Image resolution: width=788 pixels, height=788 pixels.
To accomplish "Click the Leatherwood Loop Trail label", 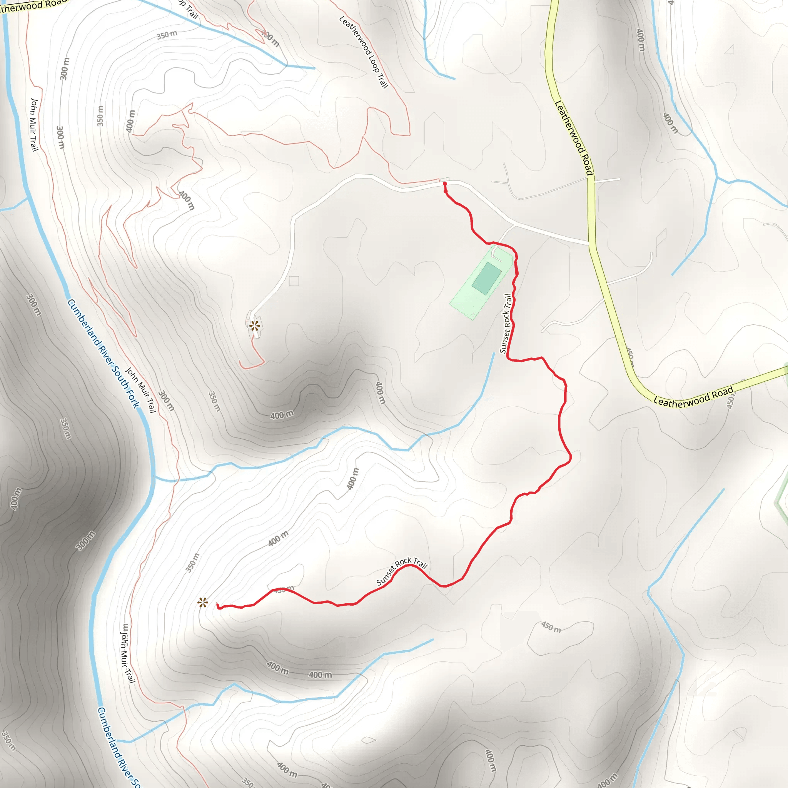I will [x=364, y=52].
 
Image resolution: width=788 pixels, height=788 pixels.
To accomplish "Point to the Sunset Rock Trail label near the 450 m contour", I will [x=401, y=571].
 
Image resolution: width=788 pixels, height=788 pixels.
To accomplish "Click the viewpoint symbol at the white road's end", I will [x=254, y=326].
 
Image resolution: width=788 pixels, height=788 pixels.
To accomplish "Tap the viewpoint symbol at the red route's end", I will [x=203, y=603].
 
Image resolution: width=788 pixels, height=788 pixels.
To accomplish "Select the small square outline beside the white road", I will [x=294, y=281].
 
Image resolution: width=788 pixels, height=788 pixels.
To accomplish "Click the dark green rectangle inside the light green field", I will [x=487, y=279].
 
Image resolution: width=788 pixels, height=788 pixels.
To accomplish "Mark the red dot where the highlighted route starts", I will [x=444, y=184].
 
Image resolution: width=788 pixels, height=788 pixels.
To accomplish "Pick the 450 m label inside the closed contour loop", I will [x=551, y=627].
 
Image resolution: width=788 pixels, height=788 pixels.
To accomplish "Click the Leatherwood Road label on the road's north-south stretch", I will [x=573, y=138].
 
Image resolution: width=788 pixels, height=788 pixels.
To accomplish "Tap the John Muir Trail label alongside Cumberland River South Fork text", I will [x=141, y=390].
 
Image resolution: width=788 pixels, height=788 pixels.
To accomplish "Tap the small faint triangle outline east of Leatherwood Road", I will [x=729, y=49].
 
